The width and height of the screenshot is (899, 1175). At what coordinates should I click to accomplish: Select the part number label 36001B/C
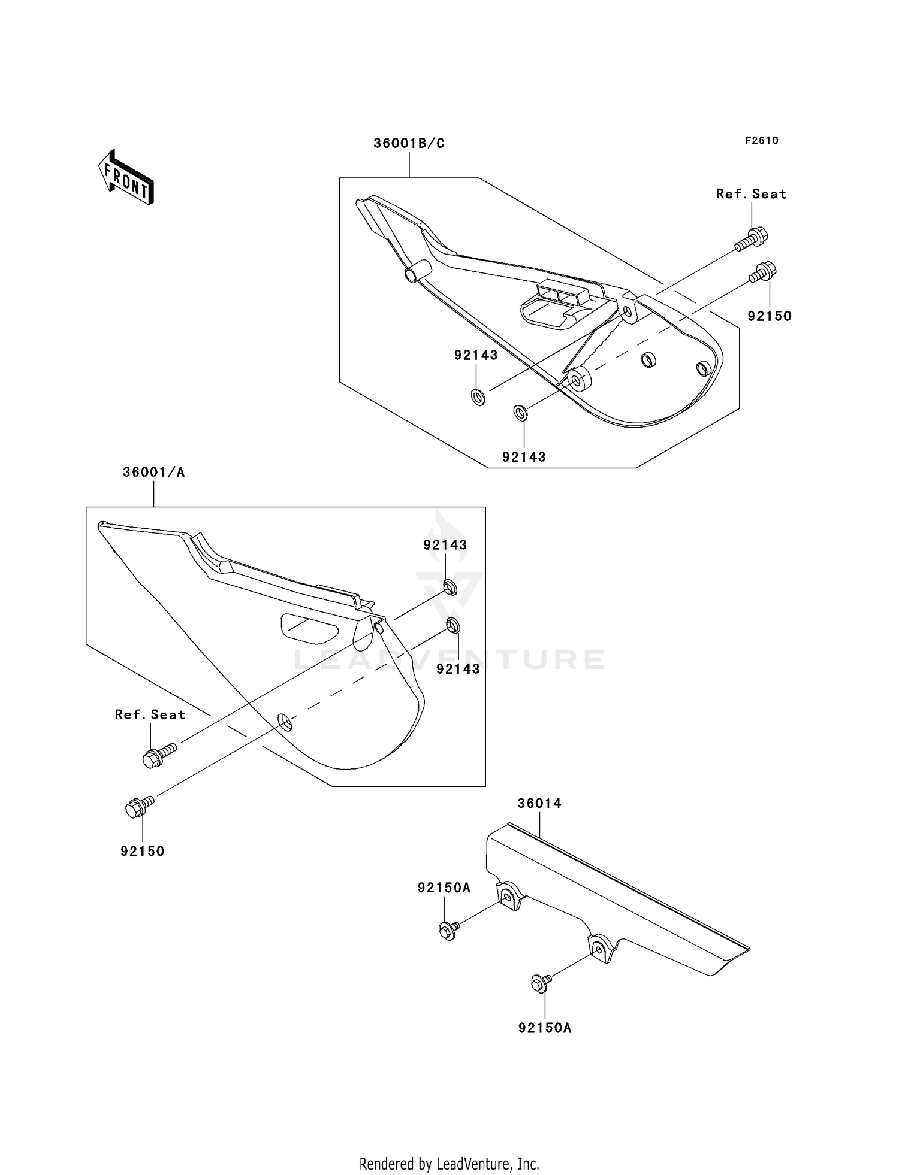[409, 143]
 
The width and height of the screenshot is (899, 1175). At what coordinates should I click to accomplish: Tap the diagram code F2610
[761, 140]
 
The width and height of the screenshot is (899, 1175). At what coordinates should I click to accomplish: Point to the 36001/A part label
[153, 472]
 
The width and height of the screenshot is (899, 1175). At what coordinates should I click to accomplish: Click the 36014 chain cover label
[539, 803]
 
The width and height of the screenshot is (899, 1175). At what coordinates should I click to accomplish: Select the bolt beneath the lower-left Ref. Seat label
[158, 756]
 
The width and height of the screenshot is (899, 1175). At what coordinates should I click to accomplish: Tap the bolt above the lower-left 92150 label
[139, 805]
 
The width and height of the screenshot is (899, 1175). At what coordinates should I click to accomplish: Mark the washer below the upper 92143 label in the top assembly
[478, 396]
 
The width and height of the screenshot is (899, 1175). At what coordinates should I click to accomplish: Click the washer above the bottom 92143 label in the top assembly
[521, 413]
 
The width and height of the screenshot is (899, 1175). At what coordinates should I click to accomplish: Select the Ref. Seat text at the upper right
[751, 193]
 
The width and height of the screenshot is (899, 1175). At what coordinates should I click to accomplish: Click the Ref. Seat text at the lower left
[150, 714]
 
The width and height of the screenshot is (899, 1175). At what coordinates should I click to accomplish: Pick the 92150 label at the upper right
[770, 316]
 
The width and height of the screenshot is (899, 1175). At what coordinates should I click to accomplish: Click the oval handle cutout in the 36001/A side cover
[309, 628]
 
